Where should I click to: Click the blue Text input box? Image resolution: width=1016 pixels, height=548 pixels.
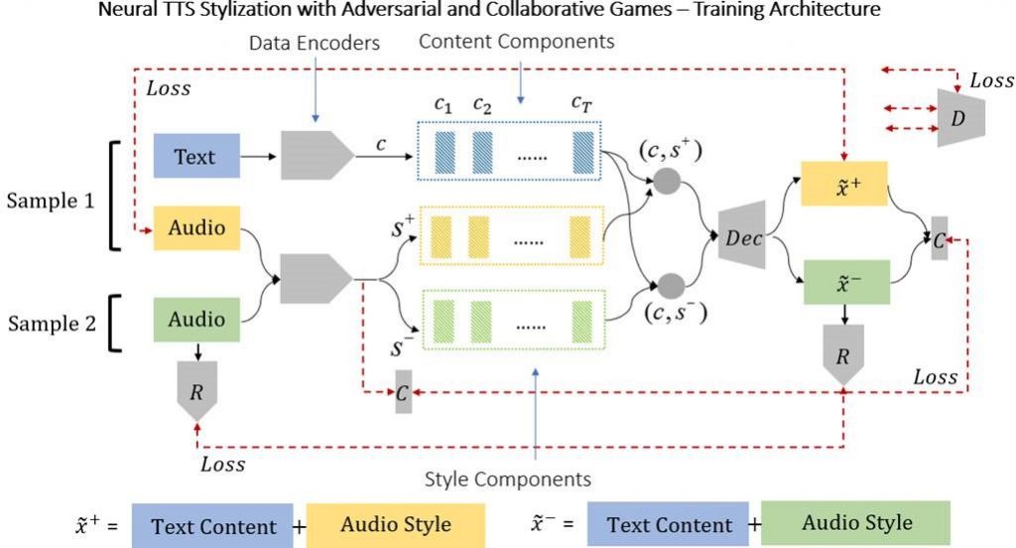(x=196, y=157)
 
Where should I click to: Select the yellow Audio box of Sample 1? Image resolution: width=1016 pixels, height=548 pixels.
(x=196, y=227)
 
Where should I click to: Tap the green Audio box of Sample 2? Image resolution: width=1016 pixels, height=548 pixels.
(x=196, y=320)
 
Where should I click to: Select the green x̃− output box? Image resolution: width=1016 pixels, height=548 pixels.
(x=844, y=283)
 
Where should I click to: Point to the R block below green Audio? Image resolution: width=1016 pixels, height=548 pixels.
(x=196, y=389)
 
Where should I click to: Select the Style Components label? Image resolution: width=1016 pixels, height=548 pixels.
(x=507, y=479)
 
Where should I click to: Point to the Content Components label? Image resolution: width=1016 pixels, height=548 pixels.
(x=517, y=42)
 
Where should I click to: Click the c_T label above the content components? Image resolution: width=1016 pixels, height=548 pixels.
(x=582, y=102)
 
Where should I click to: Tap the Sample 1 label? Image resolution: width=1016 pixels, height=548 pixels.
(x=51, y=200)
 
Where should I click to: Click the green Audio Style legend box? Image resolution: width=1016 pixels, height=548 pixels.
(x=856, y=523)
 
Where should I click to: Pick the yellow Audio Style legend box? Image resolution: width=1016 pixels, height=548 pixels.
(x=395, y=524)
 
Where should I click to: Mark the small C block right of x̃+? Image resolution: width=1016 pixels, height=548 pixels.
(x=939, y=238)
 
